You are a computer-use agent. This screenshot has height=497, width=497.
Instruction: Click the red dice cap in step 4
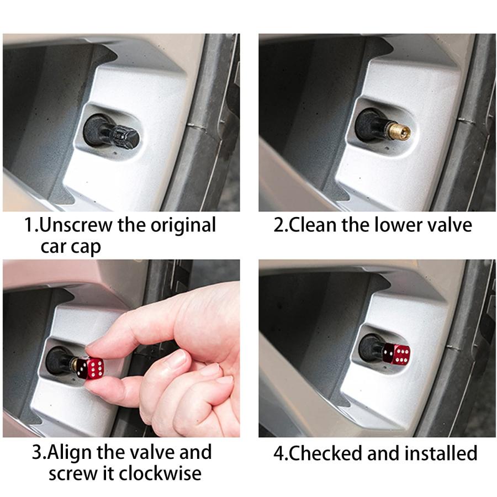(x=396, y=354)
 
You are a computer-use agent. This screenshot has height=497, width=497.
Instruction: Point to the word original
(x=183, y=226)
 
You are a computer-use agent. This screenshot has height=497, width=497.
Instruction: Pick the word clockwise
(x=160, y=473)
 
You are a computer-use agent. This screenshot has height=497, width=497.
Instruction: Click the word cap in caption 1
(x=87, y=247)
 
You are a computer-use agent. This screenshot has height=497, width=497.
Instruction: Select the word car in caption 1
(x=54, y=247)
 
